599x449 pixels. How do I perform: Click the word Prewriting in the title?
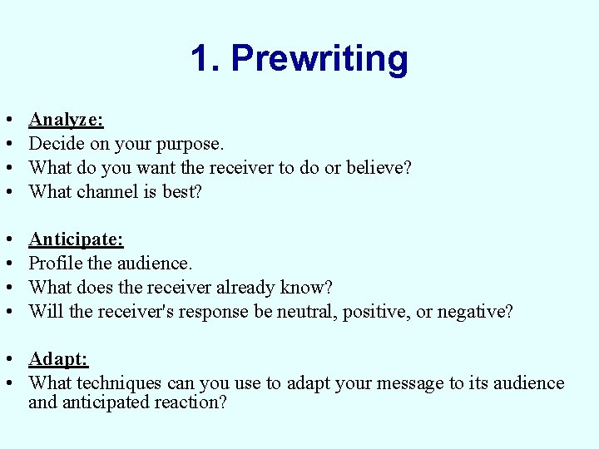pyautogui.click(x=319, y=59)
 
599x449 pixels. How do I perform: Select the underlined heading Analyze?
pyautogui.click(x=66, y=120)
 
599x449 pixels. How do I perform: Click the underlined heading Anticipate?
pyautogui.click(x=76, y=239)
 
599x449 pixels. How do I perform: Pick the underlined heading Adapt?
pyautogui.click(x=58, y=359)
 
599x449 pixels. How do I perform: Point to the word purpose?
pyautogui.click(x=192, y=144)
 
